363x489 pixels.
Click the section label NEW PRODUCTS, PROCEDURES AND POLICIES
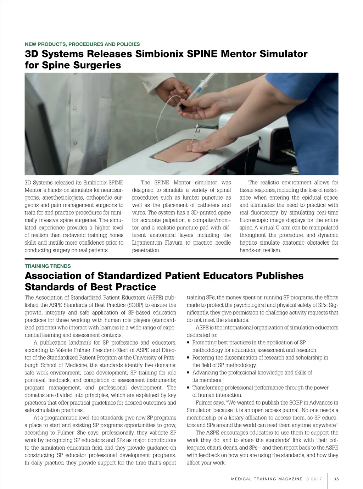click(82, 44)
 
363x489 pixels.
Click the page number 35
click(336, 479)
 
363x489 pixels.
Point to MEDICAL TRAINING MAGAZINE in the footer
click(267, 479)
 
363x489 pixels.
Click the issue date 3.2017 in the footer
click(314, 479)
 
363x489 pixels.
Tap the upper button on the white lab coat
click(74, 109)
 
